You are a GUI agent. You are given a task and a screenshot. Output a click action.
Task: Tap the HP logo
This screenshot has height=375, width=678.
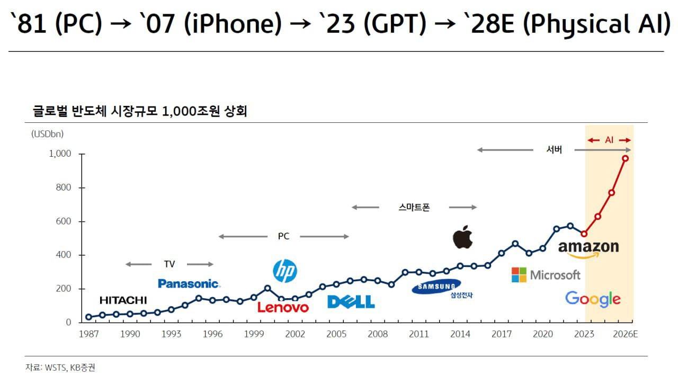(x=284, y=271)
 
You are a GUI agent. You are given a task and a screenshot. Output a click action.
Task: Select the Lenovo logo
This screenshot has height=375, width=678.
(x=283, y=307)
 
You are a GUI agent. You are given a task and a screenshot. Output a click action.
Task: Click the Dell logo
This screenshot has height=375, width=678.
(x=351, y=302)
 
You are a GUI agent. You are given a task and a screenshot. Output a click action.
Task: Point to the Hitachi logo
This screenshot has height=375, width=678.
(x=123, y=300)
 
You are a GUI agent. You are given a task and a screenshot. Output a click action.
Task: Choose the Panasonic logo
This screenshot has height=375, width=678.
(x=189, y=283)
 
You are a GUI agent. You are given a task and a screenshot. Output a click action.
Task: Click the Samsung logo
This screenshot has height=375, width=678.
(x=436, y=287)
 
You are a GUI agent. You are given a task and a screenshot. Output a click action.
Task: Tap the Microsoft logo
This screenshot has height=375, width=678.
(x=546, y=275)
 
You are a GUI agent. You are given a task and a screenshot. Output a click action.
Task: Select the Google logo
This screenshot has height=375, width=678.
(x=593, y=299)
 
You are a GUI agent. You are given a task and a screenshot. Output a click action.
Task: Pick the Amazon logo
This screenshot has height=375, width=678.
(x=588, y=248)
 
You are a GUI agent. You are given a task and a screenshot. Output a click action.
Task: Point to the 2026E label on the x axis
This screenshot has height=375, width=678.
(x=626, y=334)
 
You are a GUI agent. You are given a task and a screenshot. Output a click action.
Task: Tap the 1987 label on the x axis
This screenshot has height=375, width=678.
(x=88, y=334)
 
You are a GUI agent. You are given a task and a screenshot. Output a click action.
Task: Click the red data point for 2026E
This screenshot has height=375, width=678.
(x=626, y=158)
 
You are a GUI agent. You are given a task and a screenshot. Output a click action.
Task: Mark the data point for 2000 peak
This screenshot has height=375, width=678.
(x=267, y=289)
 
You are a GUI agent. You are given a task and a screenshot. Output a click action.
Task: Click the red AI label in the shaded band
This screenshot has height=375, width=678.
(x=609, y=140)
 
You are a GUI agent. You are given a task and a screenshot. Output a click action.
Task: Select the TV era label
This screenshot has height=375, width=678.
(x=169, y=264)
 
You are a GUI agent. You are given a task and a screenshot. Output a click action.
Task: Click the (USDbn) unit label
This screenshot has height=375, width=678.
(x=47, y=134)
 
